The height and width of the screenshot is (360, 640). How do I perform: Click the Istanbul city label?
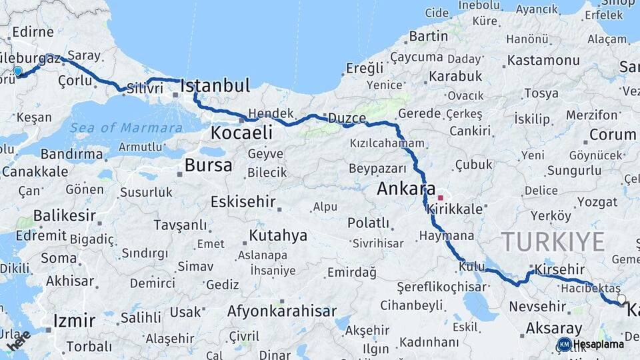pos(215,85)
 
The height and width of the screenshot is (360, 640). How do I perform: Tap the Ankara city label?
pos(406,189)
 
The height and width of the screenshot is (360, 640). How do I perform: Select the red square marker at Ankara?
pos(440,198)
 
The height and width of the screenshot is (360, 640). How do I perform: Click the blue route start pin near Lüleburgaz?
pos(18,71)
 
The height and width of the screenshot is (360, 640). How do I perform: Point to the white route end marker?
pos(621,300)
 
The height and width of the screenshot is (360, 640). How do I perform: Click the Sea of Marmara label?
pos(126,128)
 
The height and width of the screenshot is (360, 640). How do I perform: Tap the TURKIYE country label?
pos(553,241)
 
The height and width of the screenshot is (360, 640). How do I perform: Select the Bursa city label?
pos(209,165)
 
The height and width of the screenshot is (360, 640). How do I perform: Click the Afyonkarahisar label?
pos(282,311)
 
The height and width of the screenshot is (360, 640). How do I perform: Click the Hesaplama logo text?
pos(599,345)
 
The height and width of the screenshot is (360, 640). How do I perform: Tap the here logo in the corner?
pos(19,339)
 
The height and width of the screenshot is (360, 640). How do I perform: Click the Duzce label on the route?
pos(347,118)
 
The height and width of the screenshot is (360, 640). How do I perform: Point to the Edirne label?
pos(32,32)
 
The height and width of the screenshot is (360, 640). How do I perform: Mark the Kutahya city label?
pos(278,235)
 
